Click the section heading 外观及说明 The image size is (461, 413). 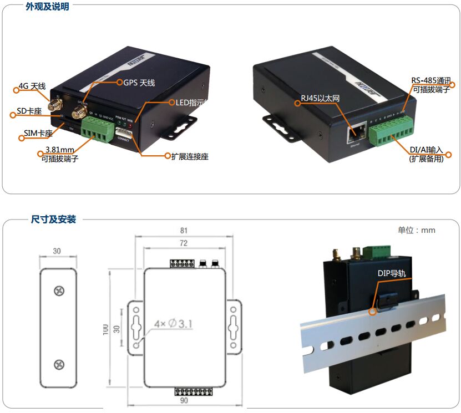pyautogui.click(x=49, y=7)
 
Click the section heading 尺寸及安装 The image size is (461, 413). pyautogui.click(x=53, y=219)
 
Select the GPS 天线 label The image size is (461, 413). pyautogui.click(x=139, y=83)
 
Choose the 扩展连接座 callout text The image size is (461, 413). pyautogui.click(x=190, y=156)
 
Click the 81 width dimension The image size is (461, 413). pyautogui.click(x=184, y=230)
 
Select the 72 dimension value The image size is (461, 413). pyautogui.click(x=184, y=243)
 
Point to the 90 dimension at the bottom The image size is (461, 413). pyautogui.click(x=184, y=400)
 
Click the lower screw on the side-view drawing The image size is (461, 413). pyautogui.click(x=58, y=364)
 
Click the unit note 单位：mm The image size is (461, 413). pyautogui.click(x=416, y=230)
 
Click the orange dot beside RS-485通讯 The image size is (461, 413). pyautogui.click(x=453, y=85)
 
